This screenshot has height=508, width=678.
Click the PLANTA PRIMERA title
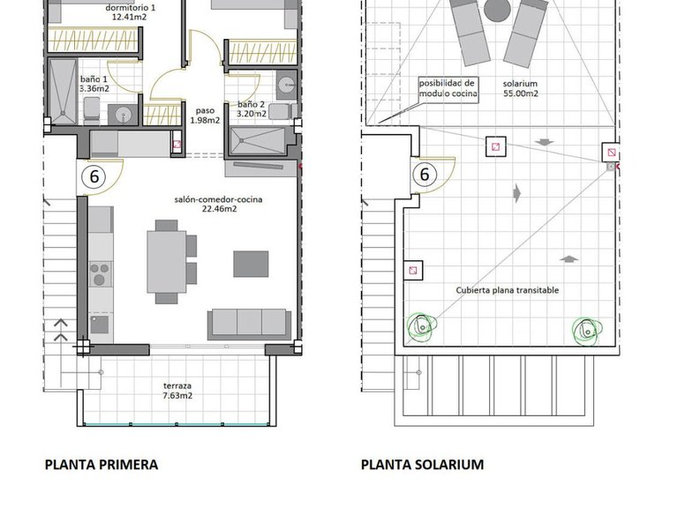[102, 464]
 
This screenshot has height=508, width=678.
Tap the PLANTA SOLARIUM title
[422, 464]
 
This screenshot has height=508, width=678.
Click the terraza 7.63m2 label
[177, 391]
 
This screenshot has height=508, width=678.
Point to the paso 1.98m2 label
[206, 116]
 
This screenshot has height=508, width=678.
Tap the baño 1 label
[94, 83]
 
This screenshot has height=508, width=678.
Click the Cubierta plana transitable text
[508, 289]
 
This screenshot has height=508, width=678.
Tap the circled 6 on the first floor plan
[93, 176]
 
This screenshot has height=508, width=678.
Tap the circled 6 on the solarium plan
[424, 175]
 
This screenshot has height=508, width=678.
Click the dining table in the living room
[165, 261]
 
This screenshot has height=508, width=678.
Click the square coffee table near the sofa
[251, 264]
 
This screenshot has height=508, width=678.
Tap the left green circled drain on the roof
[424, 326]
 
